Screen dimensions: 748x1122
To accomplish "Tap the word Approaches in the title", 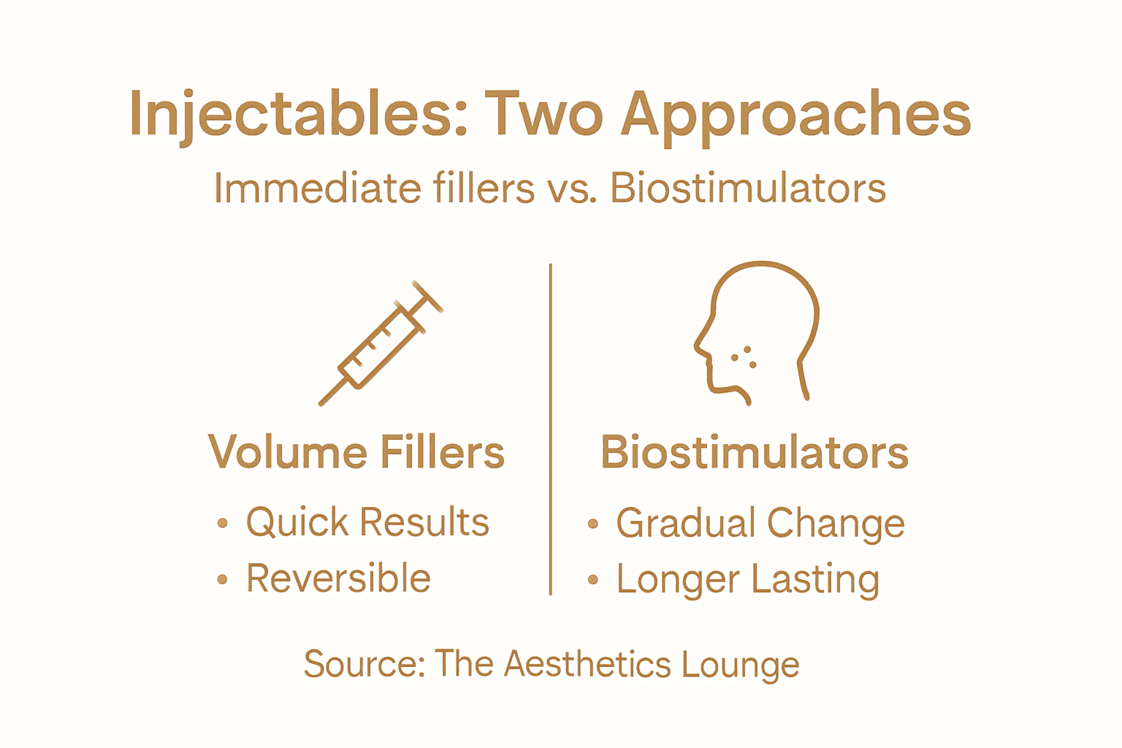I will pyautogui.click(x=796, y=115).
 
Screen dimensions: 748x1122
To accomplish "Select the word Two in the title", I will pyautogui.click(x=543, y=115).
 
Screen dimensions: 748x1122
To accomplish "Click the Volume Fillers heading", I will pyautogui.click(x=356, y=452).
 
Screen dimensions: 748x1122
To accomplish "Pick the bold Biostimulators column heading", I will pyautogui.click(x=754, y=452).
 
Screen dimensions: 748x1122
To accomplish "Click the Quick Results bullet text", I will pyautogui.click(x=367, y=522).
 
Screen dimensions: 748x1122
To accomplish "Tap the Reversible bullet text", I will pyautogui.click(x=338, y=579).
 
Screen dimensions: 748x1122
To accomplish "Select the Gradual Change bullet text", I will pyautogui.click(x=760, y=523).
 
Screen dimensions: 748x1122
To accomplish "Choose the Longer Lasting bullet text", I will pyautogui.click(x=747, y=579).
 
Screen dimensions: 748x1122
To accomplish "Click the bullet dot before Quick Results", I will pyautogui.click(x=223, y=523).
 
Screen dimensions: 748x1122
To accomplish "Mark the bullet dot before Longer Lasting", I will pyautogui.click(x=593, y=580).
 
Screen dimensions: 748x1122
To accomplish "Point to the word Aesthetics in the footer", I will pyautogui.click(x=587, y=664).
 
